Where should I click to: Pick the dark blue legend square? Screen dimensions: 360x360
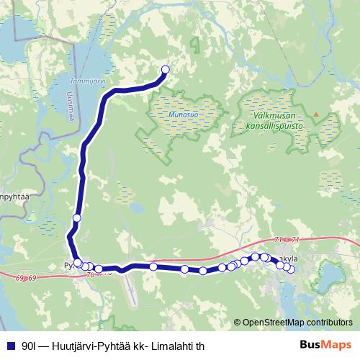[10, 345]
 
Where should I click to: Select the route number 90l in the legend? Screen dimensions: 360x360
[29, 345]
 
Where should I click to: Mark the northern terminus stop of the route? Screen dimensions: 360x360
[165, 70]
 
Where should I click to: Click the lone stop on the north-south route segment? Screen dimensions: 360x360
[76, 218]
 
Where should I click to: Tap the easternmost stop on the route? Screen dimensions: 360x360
[290, 269]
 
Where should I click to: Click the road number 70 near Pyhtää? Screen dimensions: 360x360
[89, 275]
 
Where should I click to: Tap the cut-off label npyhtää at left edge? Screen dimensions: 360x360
[14, 196]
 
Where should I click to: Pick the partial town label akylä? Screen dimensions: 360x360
[290, 258]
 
